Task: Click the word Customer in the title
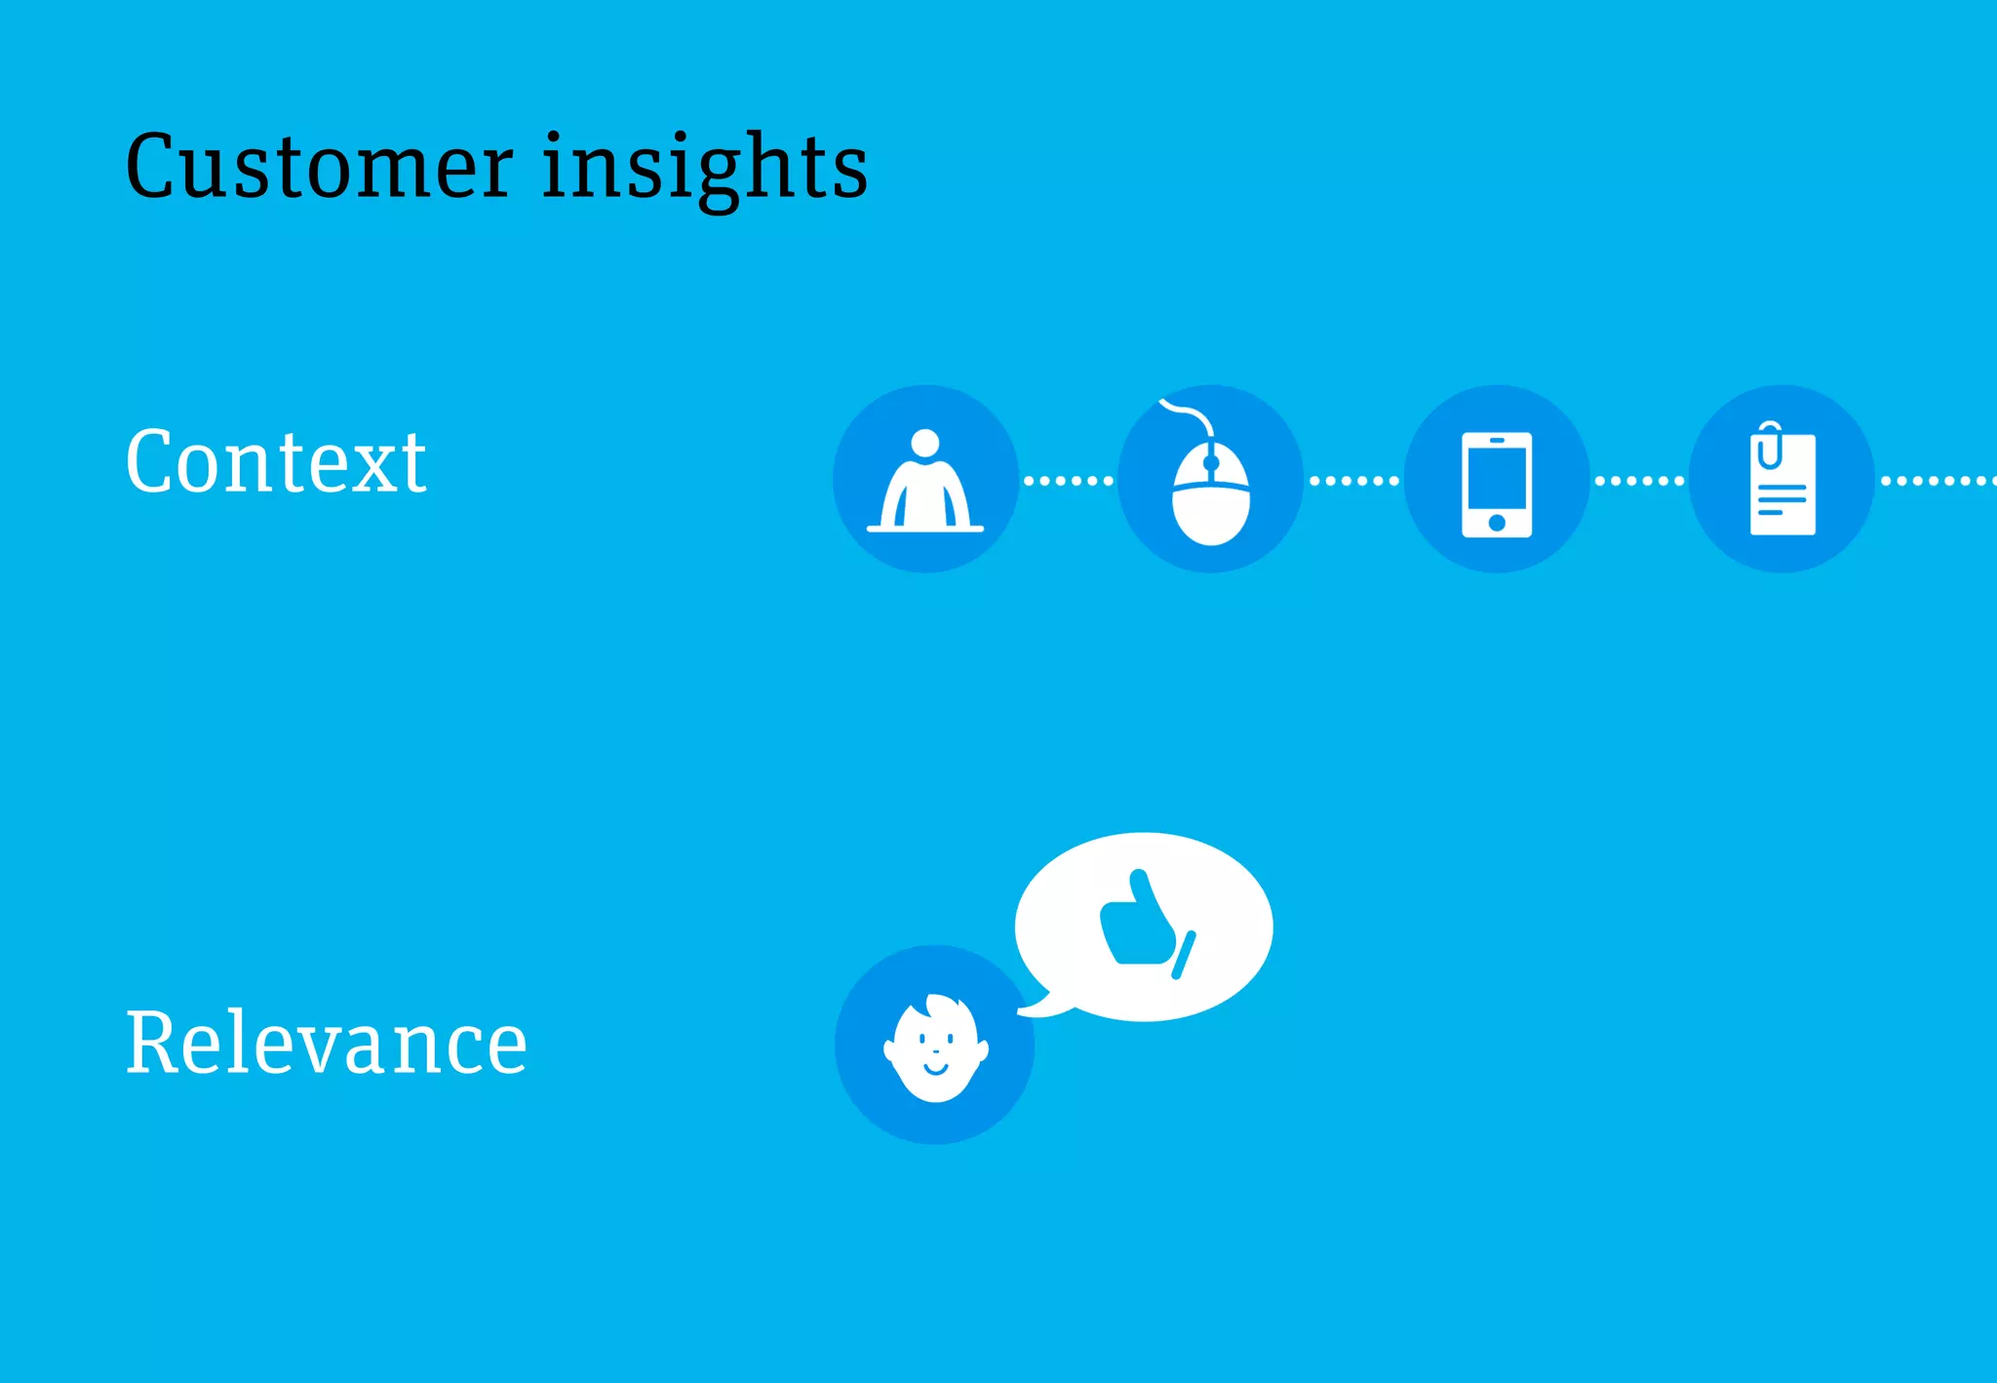[319, 167]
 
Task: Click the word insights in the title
[704, 167]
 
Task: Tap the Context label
[276, 462]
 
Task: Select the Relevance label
[327, 1044]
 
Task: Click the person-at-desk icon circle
[925, 479]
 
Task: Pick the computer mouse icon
[1210, 493]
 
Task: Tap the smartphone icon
[1496, 483]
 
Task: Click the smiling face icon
[935, 1047]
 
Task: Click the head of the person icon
[924, 443]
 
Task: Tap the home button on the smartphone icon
[1497, 523]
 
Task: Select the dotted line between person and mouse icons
[1068, 480]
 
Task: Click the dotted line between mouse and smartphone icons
[1353, 480]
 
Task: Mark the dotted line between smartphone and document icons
[1639, 480]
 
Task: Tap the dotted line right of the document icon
[1936, 480]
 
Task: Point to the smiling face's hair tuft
[941, 1005]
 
